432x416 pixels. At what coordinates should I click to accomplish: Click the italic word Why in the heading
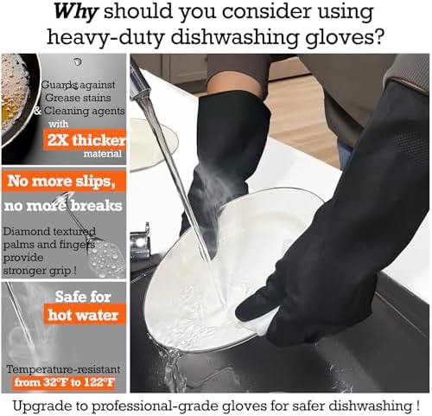point(75,13)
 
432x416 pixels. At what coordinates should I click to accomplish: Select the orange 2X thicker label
point(85,140)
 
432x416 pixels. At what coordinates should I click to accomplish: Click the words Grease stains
point(78,98)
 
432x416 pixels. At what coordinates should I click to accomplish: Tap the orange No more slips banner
point(64,182)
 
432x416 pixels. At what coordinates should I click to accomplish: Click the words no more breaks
point(63,206)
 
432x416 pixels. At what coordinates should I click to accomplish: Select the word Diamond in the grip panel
point(27,232)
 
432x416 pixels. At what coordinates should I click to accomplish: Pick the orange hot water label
point(85,315)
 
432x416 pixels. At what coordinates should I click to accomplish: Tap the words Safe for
point(83,297)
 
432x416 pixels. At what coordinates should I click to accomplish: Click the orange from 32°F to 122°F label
point(65,382)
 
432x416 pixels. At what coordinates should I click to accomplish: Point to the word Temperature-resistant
point(63,369)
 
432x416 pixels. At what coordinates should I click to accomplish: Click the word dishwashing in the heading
point(236,37)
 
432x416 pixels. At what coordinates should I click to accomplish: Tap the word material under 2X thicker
point(103,154)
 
